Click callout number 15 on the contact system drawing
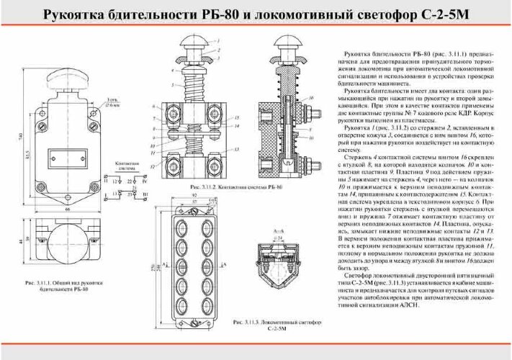235,116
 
